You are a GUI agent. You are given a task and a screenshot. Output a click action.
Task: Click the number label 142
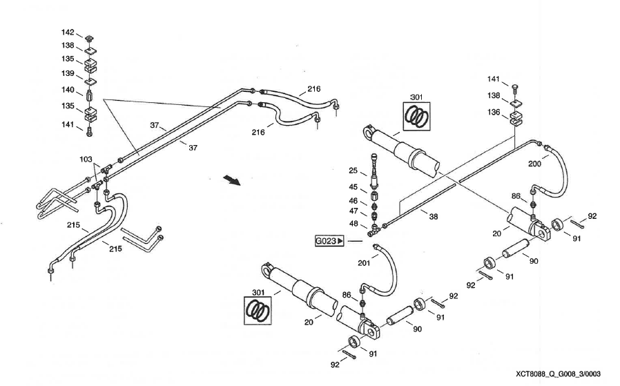pos(68,32)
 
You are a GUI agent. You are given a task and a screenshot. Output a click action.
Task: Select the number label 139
pos(68,73)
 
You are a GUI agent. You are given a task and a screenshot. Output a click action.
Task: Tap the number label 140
pos(68,89)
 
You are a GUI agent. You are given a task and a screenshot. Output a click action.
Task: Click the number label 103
pos(86,159)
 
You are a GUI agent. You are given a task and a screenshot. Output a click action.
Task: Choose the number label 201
pos(365,262)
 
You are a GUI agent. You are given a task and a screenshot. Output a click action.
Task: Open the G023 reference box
pos(329,241)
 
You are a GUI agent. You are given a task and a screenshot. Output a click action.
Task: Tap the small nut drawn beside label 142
pos(90,37)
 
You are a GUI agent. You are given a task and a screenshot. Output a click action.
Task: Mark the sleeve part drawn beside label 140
pos(90,93)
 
